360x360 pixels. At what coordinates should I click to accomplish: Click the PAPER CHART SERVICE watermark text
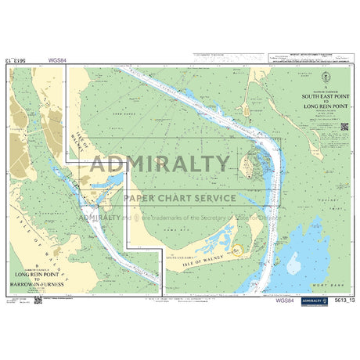pyautogui.click(x=179, y=198)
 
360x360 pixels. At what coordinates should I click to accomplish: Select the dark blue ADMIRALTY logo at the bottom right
pyautogui.click(x=318, y=300)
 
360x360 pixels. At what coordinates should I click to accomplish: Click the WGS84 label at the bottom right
pyautogui.click(x=286, y=300)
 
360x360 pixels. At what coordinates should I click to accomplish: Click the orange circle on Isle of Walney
pyautogui.click(x=239, y=250)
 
